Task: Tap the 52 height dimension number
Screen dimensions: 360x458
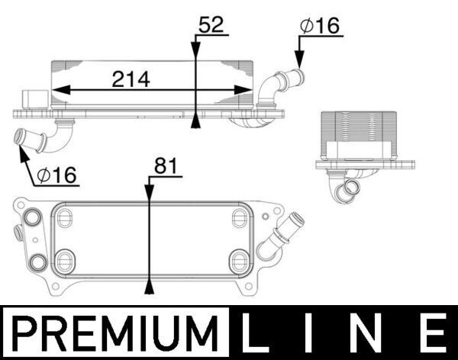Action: click(x=211, y=25)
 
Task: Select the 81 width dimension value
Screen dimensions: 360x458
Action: click(x=166, y=165)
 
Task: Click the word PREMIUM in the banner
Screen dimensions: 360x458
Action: click(x=114, y=334)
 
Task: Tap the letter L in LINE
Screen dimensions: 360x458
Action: click(x=259, y=334)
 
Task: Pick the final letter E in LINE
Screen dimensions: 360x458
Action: click(x=431, y=334)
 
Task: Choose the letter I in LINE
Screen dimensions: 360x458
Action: click(x=312, y=334)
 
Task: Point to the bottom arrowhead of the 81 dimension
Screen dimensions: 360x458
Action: click(x=150, y=289)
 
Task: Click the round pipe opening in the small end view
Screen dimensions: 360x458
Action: click(x=353, y=188)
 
